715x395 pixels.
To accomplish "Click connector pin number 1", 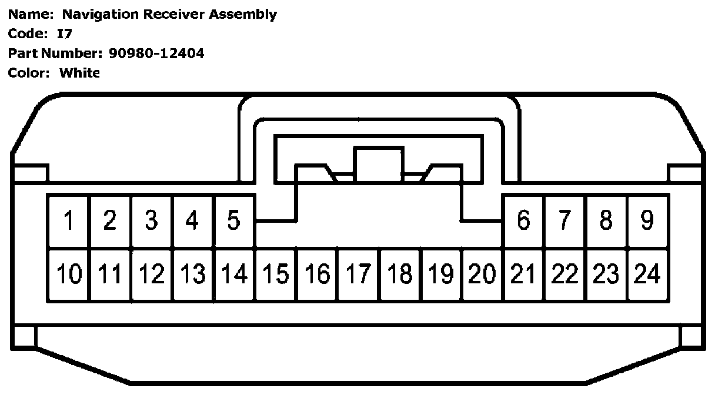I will tap(69, 221).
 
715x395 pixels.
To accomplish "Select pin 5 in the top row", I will tap(234, 221).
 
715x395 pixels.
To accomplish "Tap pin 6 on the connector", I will tap(523, 221).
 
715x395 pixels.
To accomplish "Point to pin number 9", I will tap(647, 221).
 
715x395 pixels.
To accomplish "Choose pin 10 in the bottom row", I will tap(69, 275).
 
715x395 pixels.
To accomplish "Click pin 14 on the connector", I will tap(234, 275).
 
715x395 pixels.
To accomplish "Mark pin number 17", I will tap(358, 275).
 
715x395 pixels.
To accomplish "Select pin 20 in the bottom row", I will tap(482, 275).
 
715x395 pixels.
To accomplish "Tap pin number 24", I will tap(647, 275).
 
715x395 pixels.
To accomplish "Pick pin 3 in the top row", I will tap(151, 221).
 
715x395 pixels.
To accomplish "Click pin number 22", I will tap(564, 275).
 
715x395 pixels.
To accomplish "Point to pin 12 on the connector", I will tap(151, 275).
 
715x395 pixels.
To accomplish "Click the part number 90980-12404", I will tap(156, 53).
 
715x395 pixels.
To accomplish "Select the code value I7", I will tap(64, 34).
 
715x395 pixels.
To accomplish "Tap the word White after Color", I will tap(79, 73).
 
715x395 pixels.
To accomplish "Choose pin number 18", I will tap(400, 275).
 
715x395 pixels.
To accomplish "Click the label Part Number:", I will tap(55, 53).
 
